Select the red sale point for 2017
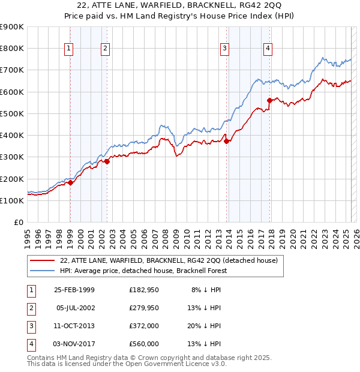click(x=270, y=101)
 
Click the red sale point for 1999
click(x=70, y=183)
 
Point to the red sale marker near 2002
click(x=107, y=161)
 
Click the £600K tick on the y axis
click(x=12, y=92)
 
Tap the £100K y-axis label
click(x=12, y=200)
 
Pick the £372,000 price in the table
click(x=144, y=326)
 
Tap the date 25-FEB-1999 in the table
click(x=74, y=290)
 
